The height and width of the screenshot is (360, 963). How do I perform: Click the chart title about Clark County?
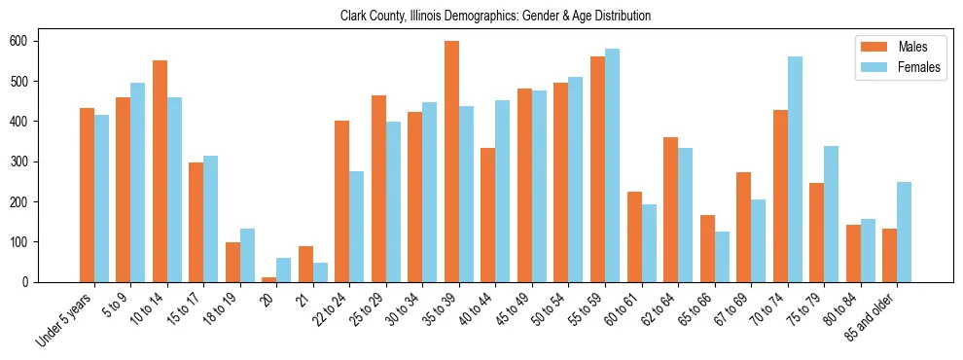point(495,17)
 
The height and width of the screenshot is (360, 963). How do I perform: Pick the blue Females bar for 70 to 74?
point(795,169)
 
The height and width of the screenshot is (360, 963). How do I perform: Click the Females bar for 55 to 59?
point(612,165)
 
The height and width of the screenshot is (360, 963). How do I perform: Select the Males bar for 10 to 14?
point(160,171)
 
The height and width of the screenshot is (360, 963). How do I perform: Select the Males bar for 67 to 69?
point(743,227)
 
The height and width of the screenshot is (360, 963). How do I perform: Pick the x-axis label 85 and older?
point(881,316)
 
